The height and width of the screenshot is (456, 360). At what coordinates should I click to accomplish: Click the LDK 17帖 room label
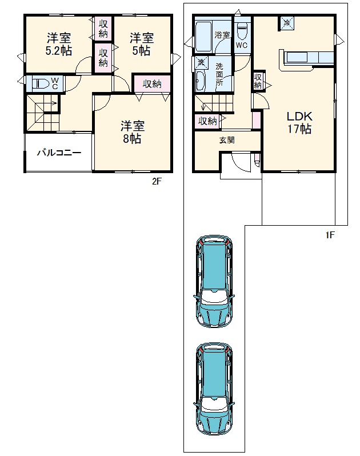(299, 122)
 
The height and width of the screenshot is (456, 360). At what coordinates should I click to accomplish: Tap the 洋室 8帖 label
(133, 133)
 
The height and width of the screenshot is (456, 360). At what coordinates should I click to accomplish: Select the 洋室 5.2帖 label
(59, 45)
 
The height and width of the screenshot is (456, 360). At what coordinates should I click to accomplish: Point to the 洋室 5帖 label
(142, 45)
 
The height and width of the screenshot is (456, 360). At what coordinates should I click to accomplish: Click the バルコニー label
(59, 153)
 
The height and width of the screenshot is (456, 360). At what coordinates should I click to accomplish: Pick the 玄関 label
(227, 140)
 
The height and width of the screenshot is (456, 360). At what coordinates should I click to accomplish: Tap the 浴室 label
(222, 35)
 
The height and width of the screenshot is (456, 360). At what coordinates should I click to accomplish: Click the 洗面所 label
(219, 74)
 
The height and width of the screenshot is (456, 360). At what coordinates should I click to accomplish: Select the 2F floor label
(157, 182)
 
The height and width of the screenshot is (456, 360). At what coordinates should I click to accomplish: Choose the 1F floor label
(330, 235)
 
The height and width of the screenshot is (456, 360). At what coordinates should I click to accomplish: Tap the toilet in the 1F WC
(242, 31)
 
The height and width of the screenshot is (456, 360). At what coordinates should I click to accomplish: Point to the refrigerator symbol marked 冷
(287, 23)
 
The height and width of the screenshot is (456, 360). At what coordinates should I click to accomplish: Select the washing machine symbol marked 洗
(201, 62)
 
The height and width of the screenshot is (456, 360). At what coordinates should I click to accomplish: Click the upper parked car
(214, 282)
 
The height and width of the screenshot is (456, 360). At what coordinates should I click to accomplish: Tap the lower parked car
(214, 389)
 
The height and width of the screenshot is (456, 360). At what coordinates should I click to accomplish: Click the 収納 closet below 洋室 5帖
(152, 84)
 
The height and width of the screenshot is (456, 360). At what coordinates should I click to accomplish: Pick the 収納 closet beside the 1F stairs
(207, 121)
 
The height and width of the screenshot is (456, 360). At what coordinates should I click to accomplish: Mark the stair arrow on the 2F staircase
(50, 103)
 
